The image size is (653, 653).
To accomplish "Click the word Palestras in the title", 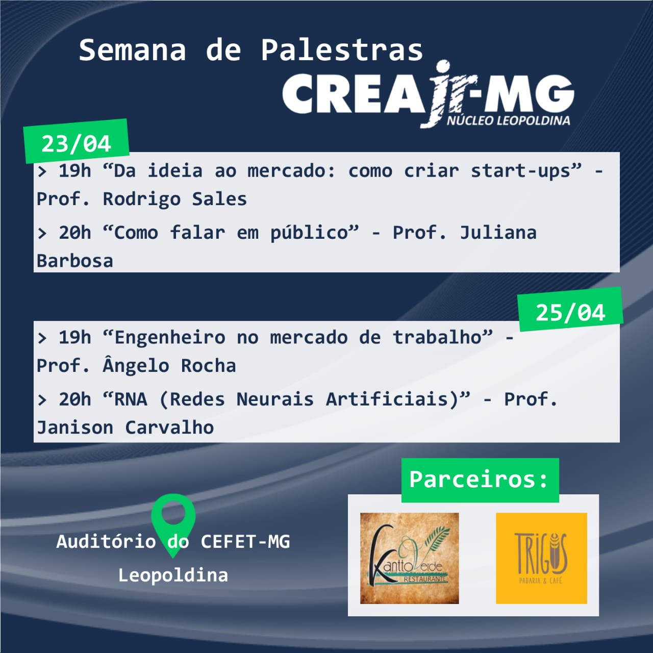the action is tap(342, 51).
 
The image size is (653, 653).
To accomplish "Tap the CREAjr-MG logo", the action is tap(428, 94).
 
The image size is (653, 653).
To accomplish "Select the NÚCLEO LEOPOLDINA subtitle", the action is tap(508, 120).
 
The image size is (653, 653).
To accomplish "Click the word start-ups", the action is tap(526, 171).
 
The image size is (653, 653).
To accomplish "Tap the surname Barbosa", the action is tap(75, 261).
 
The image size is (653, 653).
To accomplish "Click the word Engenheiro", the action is tap(170, 338).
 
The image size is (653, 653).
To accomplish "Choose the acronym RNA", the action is tap(131, 399).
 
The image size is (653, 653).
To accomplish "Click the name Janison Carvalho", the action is tap(125, 428).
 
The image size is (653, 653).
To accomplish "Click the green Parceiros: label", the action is tap(480, 480).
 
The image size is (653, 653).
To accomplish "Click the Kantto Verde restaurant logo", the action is tap(409, 559).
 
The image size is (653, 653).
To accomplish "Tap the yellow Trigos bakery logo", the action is tap(541, 559).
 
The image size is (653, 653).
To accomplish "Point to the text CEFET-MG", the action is tap(245, 541).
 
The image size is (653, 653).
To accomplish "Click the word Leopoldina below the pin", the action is tap(173, 575).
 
